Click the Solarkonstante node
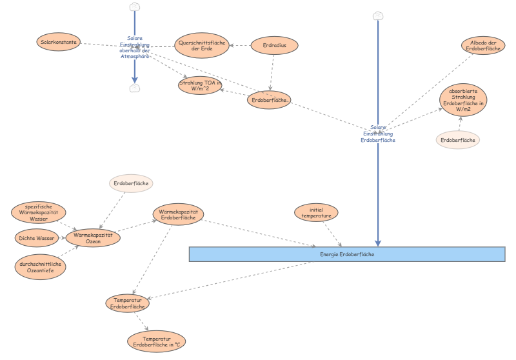pos(59,43)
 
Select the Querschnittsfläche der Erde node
pos(201,46)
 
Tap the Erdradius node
pos(274,45)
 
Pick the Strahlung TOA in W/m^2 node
pos(200,85)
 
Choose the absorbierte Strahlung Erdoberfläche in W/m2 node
pos(463,100)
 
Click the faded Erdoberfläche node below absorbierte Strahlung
pos(459,139)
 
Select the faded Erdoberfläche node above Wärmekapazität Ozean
pos(132,184)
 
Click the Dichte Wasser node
pos(36,237)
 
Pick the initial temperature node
pos(316,212)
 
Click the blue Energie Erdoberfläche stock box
pos(347,254)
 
